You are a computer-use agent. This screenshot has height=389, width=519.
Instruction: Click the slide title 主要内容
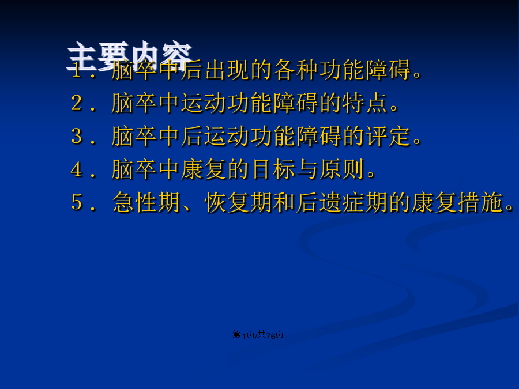(x=129, y=56)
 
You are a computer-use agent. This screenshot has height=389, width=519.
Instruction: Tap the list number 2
(x=77, y=103)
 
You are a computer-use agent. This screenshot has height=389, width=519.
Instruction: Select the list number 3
(x=77, y=135)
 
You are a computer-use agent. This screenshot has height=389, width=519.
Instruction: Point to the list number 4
(x=77, y=169)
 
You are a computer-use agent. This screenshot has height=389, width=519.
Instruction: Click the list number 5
(x=77, y=202)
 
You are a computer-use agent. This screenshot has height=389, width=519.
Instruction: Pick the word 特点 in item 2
(x=365, y=103)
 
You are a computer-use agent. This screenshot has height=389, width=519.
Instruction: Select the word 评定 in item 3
(x=388, y=136)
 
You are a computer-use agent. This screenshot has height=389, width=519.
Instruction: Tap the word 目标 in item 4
(x=273, y=169)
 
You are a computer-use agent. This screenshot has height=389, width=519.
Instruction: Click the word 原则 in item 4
(x=341, y=169)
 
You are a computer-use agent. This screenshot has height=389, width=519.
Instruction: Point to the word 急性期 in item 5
(x=146, y=202)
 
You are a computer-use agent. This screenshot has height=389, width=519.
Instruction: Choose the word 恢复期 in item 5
(x=238, y=202)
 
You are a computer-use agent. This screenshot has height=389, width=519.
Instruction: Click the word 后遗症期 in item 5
(x=341, y=202)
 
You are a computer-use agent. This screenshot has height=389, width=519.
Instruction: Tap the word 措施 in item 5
(x=480, y=202)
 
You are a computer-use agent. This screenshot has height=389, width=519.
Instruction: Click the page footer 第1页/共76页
(x=258, y=335)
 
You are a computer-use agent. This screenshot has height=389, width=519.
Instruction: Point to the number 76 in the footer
(x=270, y=336)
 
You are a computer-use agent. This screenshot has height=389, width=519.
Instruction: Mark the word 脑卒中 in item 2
(x=146, y=103)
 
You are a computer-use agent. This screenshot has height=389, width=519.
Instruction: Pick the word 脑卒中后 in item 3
(x=157, y=136)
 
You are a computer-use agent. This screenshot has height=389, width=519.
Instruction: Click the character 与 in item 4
(x=307, y=169)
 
